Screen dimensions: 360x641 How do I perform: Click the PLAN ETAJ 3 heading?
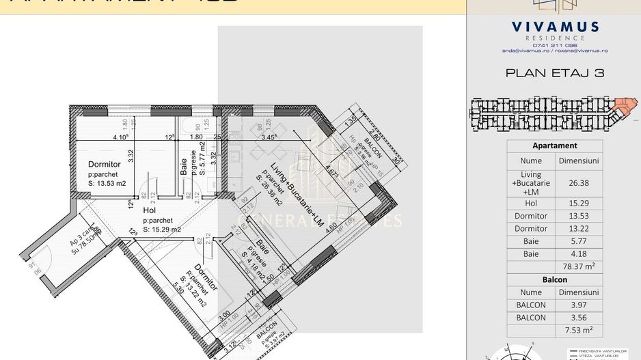(554, 72)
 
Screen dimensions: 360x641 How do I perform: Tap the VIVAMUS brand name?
(555, 27)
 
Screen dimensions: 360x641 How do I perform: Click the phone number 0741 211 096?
(555, 45)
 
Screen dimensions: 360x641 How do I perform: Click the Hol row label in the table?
(530, 204)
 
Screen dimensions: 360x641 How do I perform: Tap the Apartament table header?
(554, 146)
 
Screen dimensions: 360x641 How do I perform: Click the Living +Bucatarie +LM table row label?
(530, 182)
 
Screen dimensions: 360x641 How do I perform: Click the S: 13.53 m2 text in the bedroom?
(107, 183)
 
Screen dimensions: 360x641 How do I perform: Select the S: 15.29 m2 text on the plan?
(162, 230)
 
